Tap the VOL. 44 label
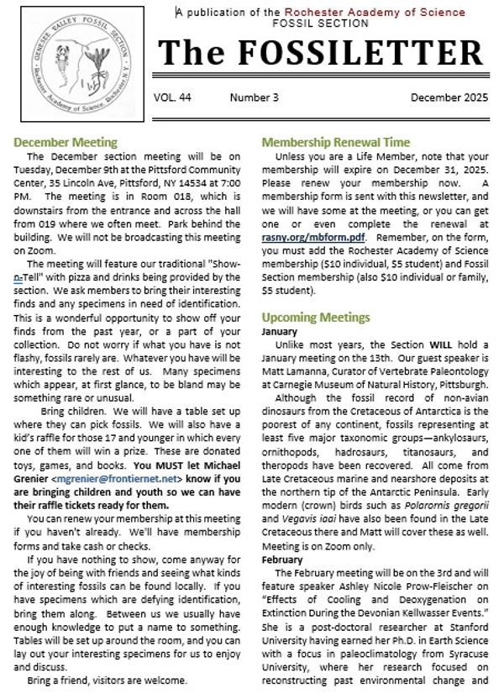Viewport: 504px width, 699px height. pos(172,97)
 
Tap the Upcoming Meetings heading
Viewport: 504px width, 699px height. pos(316,317)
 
